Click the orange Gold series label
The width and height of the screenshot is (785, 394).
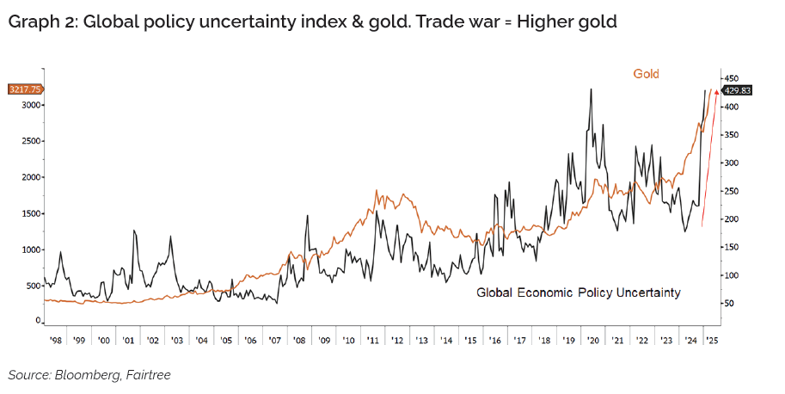click(x=647, y=74)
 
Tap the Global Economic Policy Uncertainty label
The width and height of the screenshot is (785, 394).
click(x=579, y=293)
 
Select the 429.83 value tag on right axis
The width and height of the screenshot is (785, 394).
click(x=738, y=89)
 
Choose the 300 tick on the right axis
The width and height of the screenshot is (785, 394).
click(x=733, y=163)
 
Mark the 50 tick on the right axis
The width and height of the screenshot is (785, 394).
click(x=730, y=304)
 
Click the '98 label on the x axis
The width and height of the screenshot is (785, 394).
click(x=54, y=341)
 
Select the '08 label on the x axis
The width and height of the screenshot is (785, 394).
click(x=299, y=341)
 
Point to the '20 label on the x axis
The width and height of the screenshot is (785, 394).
click(x=593, y=341)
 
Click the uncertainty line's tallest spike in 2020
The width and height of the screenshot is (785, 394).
click(x=591, y=89)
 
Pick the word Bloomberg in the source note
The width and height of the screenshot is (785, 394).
click(x=81, y=375)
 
